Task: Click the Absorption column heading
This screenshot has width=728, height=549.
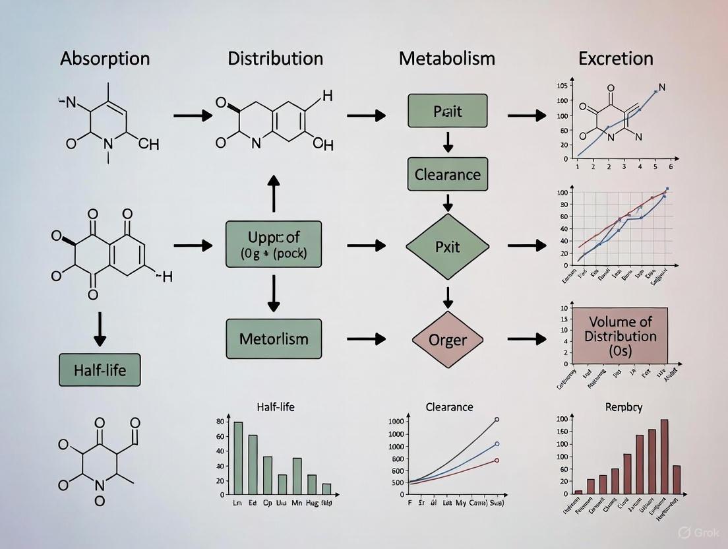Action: (x=105, y=58)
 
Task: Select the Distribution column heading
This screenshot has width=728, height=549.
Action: (x=276, y=58)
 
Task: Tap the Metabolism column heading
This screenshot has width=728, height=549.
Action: (x=446, y=58)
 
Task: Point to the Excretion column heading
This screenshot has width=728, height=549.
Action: (x=616, y=58)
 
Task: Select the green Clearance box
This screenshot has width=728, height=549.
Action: (x=448, y=176)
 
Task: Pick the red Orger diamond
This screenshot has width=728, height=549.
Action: (x=448, y=340)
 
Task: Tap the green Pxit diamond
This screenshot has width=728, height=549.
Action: (x=448, y=246)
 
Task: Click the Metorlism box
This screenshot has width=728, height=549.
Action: (x=274, y=339)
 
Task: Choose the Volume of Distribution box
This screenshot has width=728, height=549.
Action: (x=620, y=336)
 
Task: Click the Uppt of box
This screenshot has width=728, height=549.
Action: (x=274, y=244)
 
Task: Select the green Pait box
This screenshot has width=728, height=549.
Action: (x=448, y=111)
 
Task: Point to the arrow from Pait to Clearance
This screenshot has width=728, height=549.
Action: (x=448, y=141)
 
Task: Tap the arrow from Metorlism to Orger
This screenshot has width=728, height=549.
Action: (x=366, y=339)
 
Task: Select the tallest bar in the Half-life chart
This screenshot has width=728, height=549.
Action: (x=238, y=458)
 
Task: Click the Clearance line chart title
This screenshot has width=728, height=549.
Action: (x=450, y=407)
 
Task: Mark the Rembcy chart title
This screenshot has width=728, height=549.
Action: (x=624, y=407)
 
